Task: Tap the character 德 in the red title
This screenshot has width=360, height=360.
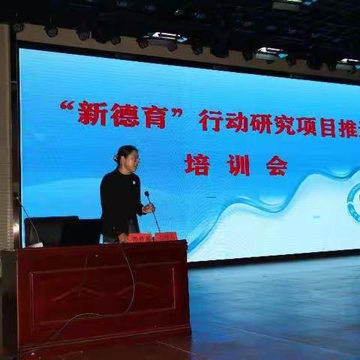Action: tap(124, 116)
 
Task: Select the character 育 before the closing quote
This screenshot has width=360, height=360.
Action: tap(154, 116)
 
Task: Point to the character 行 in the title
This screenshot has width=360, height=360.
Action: tap(211, 120)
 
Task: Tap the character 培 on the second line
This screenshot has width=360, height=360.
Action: tap(197, 165)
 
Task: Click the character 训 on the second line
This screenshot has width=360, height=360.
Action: tap(238, 166)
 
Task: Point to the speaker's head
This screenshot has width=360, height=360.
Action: tap(127, 157)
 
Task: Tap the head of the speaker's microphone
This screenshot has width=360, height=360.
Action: tap(147, 194)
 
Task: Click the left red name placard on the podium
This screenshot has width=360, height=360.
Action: tap(139, 238)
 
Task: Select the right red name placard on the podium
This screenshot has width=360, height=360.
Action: tap(166, 236)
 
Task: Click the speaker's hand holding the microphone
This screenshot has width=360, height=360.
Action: tap(148, 208)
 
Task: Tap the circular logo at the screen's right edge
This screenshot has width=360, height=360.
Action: tap(354, 202)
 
